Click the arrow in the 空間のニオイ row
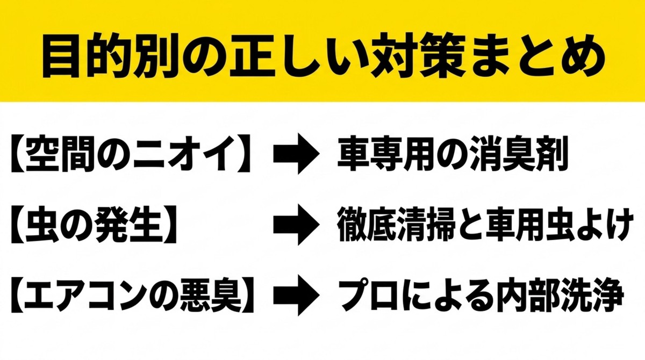click(296, 154)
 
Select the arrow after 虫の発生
click(296, 225)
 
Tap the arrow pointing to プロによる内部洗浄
click(296, 295)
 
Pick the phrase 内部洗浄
click(557, 296)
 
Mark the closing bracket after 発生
click(169, 225)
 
